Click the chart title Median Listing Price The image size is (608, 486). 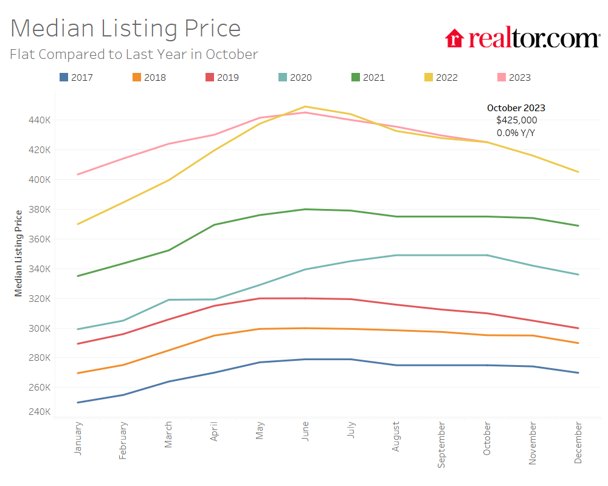tap(125, 29)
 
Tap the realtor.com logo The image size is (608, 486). tap(522, 38)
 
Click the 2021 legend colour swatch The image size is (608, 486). tap(356, 77)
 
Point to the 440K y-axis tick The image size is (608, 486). tap(39, 120)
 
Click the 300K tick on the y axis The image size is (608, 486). tap(39, 329)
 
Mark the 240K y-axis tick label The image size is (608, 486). tap(39, 412)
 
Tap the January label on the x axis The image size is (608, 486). tap(78, 439)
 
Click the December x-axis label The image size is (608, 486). tap(578, 442)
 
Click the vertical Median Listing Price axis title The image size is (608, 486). tap(19, 253)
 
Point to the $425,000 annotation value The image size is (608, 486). tap(516, 120)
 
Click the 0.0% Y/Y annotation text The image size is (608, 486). tap(516, 132)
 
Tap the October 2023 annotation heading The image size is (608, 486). tap(516, 108)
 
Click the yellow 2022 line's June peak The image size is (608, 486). tap(305, 107)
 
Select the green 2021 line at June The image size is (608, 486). tap(305, 210)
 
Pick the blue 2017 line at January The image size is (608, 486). tap(78, 402)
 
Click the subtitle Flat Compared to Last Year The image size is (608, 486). tap(134, 54)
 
